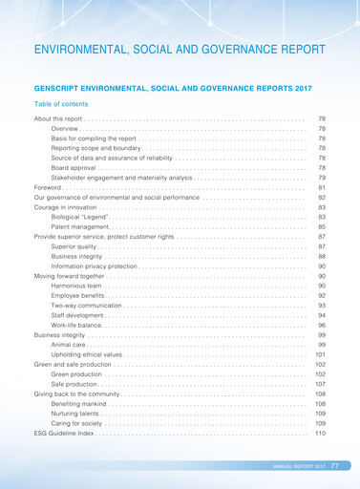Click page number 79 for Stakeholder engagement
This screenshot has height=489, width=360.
coord(321,178)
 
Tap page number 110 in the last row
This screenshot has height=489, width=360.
coord(320,434)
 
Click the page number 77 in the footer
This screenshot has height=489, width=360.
coord(335,465)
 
